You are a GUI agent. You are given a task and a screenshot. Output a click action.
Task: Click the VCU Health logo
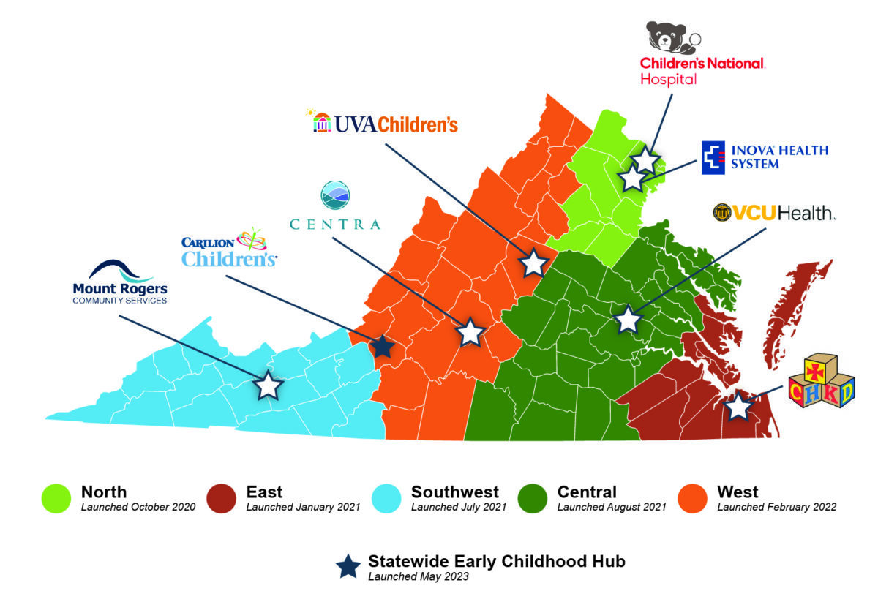pyautogui.click(x=774, y=213)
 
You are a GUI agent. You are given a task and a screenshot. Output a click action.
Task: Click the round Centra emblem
pyautogui.click(x=335, y=195)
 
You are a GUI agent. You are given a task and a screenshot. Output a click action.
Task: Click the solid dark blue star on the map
pyautogui.click(x=382, y=347)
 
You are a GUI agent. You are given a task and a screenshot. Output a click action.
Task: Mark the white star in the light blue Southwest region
pyautogui.click(x=269, y=385)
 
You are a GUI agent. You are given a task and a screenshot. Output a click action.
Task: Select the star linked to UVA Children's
pyautogui.click(x=534, y=263)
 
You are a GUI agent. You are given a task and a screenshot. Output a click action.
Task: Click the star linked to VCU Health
pyautogui.click(x=628, y=319)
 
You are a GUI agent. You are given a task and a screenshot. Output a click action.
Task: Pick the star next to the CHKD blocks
pyautogui.click(x=738, y=406)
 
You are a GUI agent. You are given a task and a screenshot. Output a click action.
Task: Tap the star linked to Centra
pyautogui.click(x=470, y=332)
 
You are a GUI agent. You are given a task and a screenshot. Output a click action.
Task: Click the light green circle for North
pyautogui.click(x=56, y=498)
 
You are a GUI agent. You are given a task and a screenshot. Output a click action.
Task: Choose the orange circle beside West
pyautogui.click(x=691, y=498)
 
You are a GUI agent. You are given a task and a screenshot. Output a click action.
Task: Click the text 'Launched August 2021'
pyautogui.click(x=611, y=507)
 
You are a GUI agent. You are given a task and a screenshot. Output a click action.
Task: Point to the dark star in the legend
pyautogui.click(x=348, y=565)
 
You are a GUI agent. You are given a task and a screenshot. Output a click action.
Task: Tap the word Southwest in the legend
pyautogui.click(x=454, y=492)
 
